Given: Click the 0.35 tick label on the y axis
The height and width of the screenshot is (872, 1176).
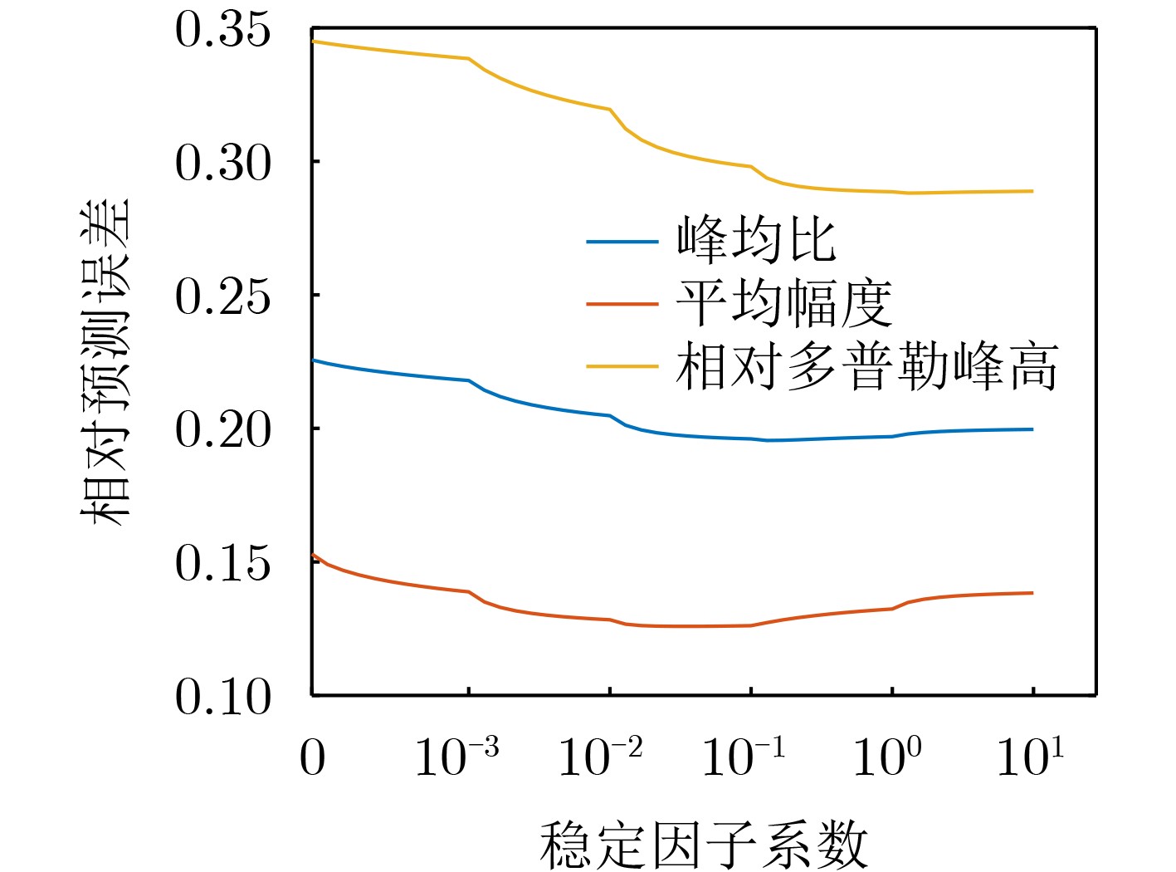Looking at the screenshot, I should (222, 30).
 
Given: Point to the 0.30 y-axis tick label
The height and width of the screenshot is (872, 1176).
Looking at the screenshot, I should (222, 163).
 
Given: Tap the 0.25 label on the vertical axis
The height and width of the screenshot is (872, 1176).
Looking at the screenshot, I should (222, 296).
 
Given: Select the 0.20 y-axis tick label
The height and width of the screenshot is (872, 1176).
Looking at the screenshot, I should (222, 430).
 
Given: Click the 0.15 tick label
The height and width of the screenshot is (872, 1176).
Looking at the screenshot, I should (222, 563).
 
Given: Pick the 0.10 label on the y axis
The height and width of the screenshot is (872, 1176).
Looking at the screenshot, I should (222, 697).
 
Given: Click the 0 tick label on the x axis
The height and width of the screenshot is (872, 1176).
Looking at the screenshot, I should (312, 757).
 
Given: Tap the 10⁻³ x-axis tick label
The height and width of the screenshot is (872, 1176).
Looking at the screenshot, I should (456, 756).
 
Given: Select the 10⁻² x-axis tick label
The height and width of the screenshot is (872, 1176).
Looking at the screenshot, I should (600, 756).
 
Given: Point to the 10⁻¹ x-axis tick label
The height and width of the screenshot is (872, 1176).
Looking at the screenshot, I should (743, 756).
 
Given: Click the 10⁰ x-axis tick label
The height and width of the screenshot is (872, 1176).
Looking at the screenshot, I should (886, 756).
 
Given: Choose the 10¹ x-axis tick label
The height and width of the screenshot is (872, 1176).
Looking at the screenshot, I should (1029, 756).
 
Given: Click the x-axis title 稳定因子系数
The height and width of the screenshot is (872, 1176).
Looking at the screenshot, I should (704, 845).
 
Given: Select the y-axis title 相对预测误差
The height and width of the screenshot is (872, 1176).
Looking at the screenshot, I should (106, 361).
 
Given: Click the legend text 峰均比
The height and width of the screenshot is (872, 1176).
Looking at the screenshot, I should (756, 241).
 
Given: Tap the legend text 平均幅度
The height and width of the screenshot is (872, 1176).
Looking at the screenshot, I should (783, 303).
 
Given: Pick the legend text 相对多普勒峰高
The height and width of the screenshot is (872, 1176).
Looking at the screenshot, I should (866, 366).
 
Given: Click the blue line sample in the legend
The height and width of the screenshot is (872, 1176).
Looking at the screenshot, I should (622, 242).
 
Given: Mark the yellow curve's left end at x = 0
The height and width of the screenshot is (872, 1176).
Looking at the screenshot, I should (313, 42).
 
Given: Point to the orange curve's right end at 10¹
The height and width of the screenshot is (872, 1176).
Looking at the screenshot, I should (1032, 593).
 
